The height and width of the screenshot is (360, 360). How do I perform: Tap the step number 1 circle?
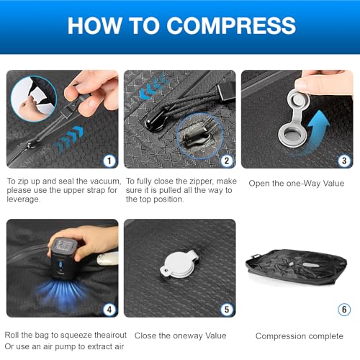point(108,161)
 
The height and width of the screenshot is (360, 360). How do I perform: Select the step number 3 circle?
point(343,161)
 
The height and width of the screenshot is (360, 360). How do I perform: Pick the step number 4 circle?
point(108,310)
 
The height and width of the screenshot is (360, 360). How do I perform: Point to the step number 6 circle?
point(343,310)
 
